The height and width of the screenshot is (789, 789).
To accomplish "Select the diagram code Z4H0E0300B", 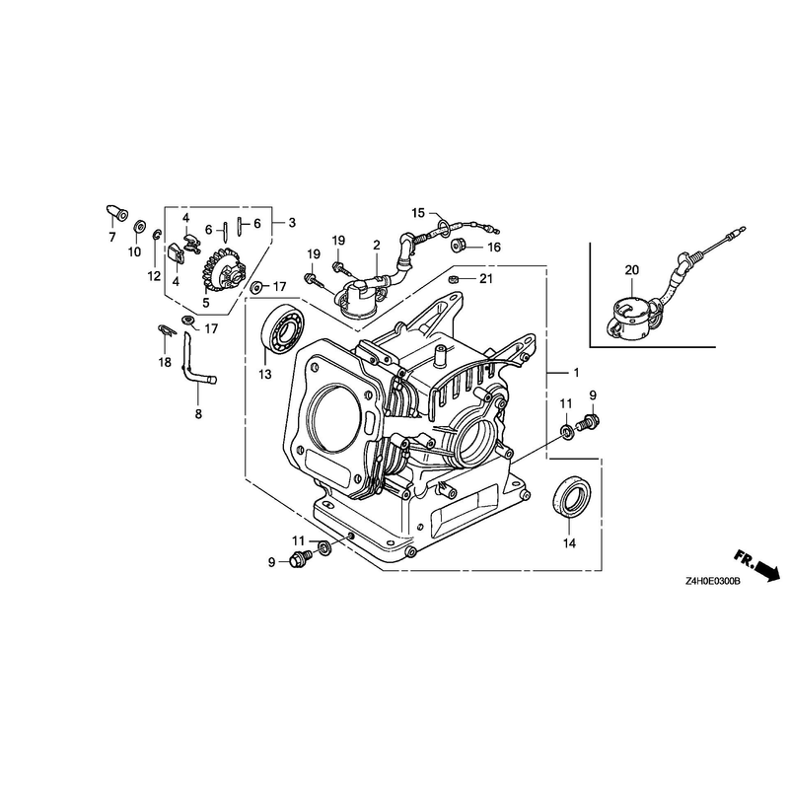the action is tap(712, 582).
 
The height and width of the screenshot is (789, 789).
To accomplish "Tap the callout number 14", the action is tap(569, 543).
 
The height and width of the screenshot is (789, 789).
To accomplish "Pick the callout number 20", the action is tap(631, 270).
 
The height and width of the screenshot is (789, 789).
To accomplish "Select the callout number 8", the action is tap(198, 413).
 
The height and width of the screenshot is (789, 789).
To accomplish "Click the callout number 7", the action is tap(112, 237).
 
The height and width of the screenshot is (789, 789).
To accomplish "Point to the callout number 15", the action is tap(418, 213).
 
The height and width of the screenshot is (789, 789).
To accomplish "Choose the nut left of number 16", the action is tap(458, 245).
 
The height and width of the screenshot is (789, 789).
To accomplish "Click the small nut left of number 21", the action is tap(453, 279).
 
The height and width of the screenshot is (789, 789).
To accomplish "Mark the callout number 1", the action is tap(576, 373).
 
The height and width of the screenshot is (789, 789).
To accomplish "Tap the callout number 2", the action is tap(377, 245).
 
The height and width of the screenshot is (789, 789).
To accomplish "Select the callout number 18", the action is tap(165, 362).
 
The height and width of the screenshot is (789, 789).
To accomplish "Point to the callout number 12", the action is tap(154, 276).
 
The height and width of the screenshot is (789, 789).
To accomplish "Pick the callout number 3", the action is tap(292, 223).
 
